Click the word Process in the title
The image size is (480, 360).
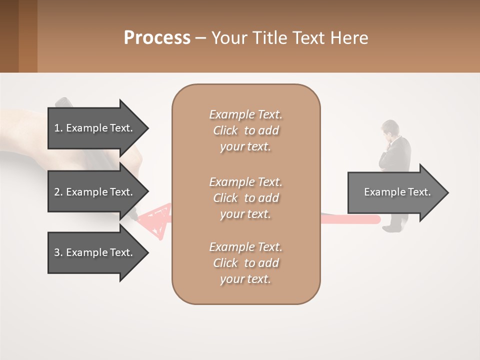[x=157, y=38]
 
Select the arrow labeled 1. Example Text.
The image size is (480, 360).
[x=93, y=128]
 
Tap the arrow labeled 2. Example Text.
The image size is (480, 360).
[x=93, y=192]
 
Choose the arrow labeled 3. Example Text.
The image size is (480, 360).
[x=93, y=252]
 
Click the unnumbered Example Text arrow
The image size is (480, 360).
[x=397, y=192]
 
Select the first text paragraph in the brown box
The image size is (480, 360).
[x=245, y=130]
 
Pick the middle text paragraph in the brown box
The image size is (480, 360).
[x=245, y=197]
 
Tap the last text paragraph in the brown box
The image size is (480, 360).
[x=245, y=263]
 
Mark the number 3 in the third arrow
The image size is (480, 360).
[x=56, y=252]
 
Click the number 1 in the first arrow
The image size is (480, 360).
[x=56, y=128]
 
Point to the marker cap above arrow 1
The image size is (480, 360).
[x=62, y=102]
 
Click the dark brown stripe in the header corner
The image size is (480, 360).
[x=9, y=36]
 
